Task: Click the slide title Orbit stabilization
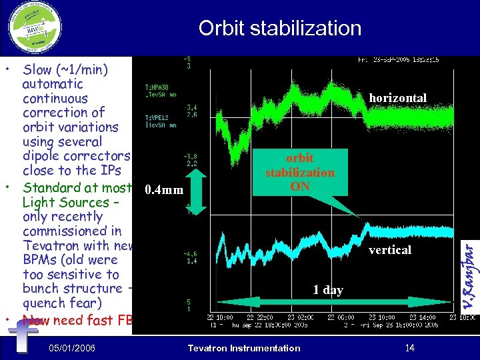(x=279, y=28)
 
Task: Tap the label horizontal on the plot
(x=397, y=98)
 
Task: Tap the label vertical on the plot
(x=390, y=250)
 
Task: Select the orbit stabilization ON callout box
(x=300, y=173)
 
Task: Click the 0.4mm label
(x=163, y=191)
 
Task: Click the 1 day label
(x=328, y=290)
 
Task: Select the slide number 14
(x=409, y=347)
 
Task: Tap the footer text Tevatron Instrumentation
(x=244, y=348)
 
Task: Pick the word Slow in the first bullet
(x=37, y=69)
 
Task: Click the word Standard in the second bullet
(x=51, y=188)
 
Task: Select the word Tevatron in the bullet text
(x=51, y=246)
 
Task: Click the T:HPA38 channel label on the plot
(x=156, y=87)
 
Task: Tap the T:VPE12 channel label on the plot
(x=156, y=116)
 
